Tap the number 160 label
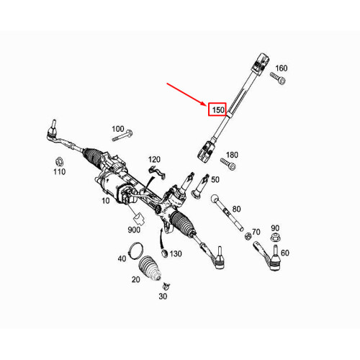(281, 68)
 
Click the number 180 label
(232, 155)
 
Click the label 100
(118, 129)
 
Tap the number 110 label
(59, 171)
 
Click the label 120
(155, 159)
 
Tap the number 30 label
(163, 297)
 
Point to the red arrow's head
(207, 104)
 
